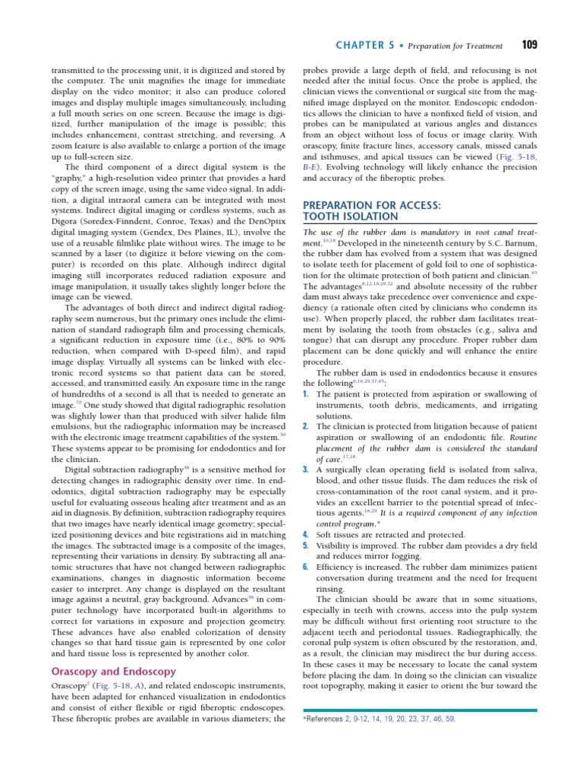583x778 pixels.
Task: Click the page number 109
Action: pyautogui.click(x=529, y=44)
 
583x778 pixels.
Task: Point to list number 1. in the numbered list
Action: pyautogui.click(x=305, y=394)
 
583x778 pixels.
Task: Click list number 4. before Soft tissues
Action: pyautogui.click(x=305, y=533)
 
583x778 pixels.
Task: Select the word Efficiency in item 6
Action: pyautogui.click(x=337, y=566)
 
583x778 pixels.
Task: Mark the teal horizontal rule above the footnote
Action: pyautogui.click(x=420, y=710)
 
